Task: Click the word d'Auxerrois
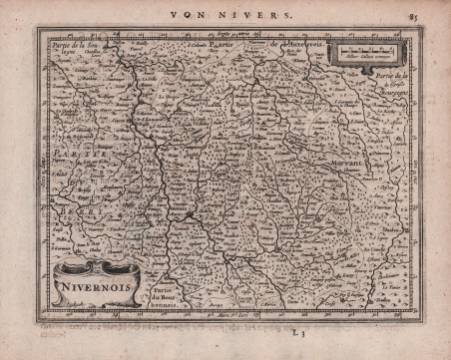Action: [x=300, y=47]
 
